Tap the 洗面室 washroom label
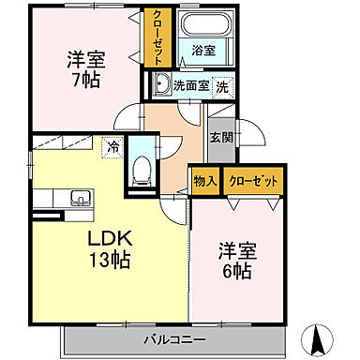coord(190,85)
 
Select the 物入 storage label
coord(204,180)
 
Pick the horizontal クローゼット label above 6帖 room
coord(252,180)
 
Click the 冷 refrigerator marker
coord(112,146)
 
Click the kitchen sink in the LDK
coord(79,198)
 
